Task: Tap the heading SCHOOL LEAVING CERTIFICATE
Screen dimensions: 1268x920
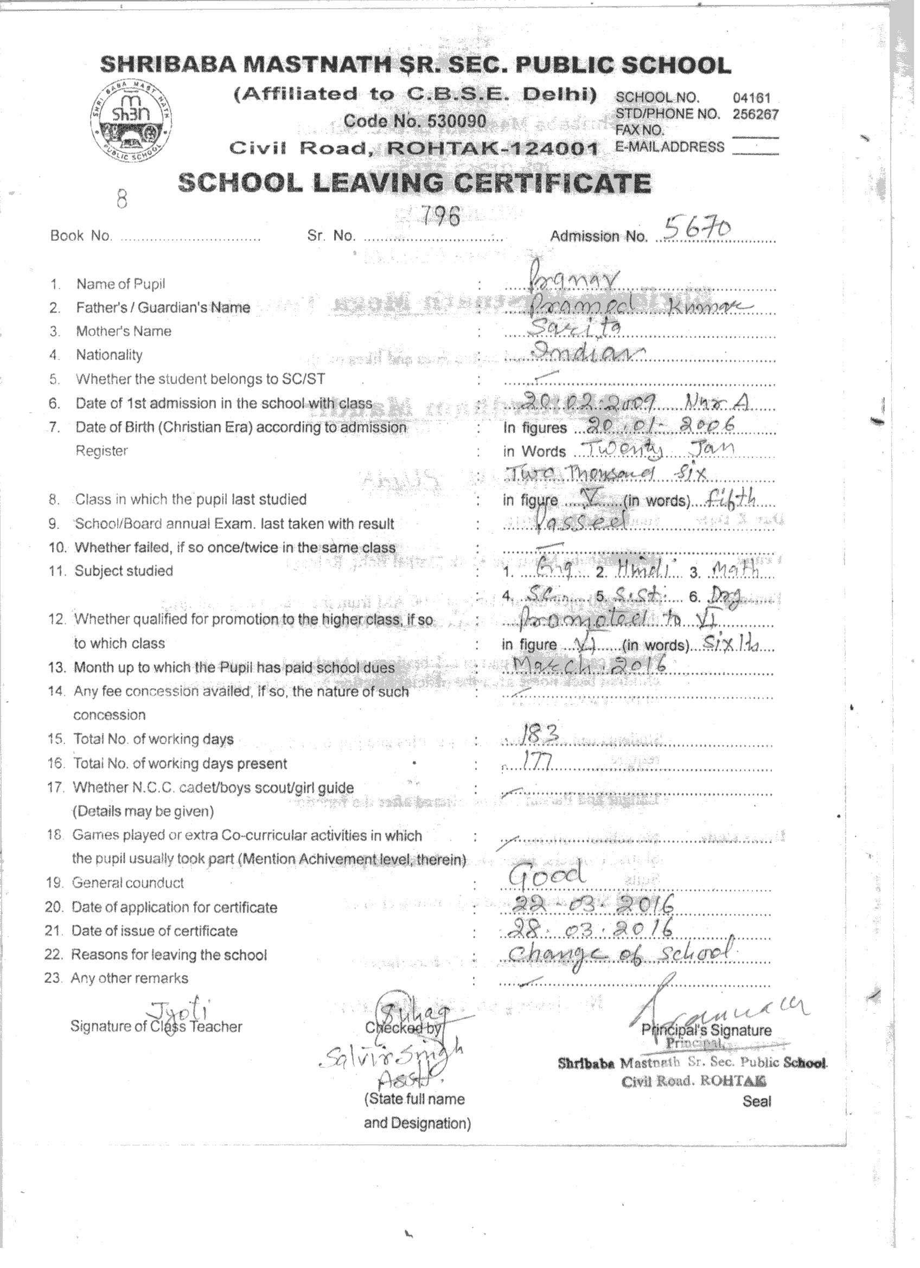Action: pos(414,183)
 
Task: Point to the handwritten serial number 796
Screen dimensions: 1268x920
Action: pos(440,216)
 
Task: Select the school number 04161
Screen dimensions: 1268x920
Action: pos(751,98)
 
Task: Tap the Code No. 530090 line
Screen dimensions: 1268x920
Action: pos(414,121)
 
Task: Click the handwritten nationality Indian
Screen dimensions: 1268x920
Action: pos(587,352)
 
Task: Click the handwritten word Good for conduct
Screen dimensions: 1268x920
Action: pos(547,875)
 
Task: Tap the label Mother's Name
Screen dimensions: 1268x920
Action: pos(124,331)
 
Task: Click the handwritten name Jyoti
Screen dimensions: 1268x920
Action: pos(178,1011)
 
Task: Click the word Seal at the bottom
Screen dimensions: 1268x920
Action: pos(757,1102)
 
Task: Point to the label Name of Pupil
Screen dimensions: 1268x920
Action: pos(120,284)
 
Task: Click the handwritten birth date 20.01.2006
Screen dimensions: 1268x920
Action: pos(654,426)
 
